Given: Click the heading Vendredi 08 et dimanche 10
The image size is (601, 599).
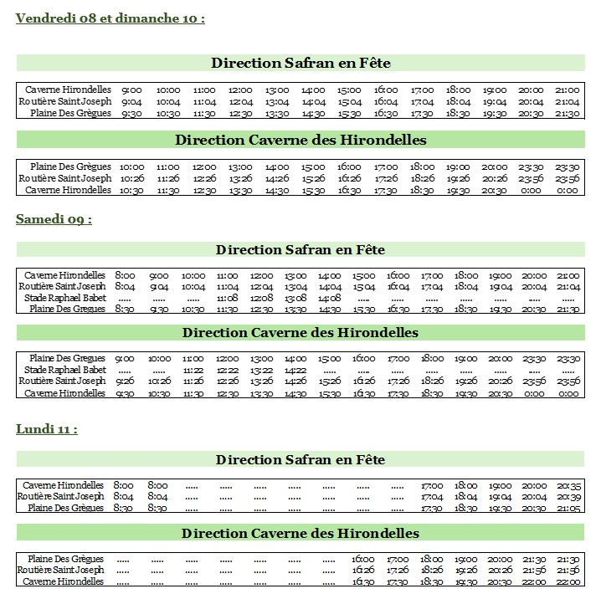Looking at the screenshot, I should (x=110, y=18).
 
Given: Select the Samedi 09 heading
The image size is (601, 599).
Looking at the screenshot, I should (x=54, y=219).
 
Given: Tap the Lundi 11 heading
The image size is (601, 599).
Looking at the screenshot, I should (x=47, y=429).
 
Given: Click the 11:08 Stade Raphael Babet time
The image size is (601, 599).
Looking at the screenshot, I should (x=227, y=298).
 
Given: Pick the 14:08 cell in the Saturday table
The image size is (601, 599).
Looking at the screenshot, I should (x=330, y=298).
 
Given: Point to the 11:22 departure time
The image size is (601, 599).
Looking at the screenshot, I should (x=193, y=370).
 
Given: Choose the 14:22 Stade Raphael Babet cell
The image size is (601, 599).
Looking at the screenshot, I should (x=295, y=370).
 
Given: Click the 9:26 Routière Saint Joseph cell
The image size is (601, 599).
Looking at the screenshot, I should (x=125, y=381).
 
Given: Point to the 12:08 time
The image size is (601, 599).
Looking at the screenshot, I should (x=261, y=298).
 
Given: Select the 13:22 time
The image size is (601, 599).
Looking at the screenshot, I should (x=261, y=370).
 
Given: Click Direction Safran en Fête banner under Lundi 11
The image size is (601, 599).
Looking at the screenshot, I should (x=300, y=459).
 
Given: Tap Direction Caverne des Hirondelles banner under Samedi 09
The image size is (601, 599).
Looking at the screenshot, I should (x=300, y=333).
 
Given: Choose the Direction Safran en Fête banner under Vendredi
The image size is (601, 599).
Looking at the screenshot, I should (x=300, y=64).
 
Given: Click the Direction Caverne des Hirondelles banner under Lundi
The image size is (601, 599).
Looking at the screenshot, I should (x=300, y=533).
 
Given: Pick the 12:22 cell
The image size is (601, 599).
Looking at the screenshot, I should (x=227, y=370).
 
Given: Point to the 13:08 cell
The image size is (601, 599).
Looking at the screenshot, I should (x=295, y=298).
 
